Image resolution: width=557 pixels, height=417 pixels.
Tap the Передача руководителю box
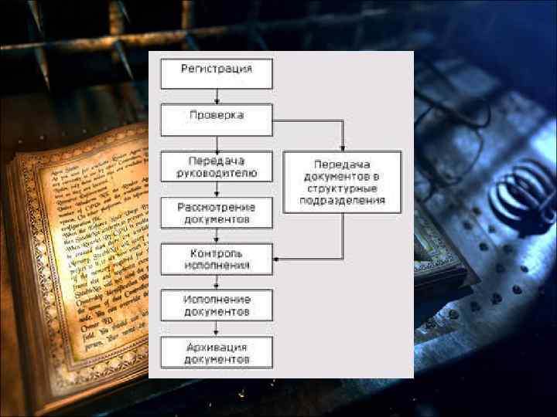[217, 167]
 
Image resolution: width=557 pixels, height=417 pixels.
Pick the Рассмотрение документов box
[217, 213]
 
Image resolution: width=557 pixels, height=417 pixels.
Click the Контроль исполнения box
[217, 259]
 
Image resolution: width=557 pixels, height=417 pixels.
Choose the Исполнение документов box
[217, 305]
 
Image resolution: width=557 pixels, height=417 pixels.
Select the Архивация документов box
[217, 351]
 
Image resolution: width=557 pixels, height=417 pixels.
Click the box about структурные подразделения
[342, 182]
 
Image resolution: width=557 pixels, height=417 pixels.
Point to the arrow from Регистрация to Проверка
[217, 97]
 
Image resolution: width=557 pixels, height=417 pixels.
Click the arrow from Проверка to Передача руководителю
[217, 143]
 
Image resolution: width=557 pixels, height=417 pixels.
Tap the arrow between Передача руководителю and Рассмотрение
[217, 190]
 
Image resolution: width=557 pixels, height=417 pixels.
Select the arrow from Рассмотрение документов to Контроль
[217, 236]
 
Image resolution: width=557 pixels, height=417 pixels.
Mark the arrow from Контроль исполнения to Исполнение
[217, 282]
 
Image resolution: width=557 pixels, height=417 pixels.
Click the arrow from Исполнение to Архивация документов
[217, 328]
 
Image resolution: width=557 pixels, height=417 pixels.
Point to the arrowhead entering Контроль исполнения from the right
[277, 259]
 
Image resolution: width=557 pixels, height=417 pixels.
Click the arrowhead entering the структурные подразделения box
[342, 147]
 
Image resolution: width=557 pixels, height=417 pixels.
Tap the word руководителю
[217, 173]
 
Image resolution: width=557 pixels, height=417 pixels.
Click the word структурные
[342, 188]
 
